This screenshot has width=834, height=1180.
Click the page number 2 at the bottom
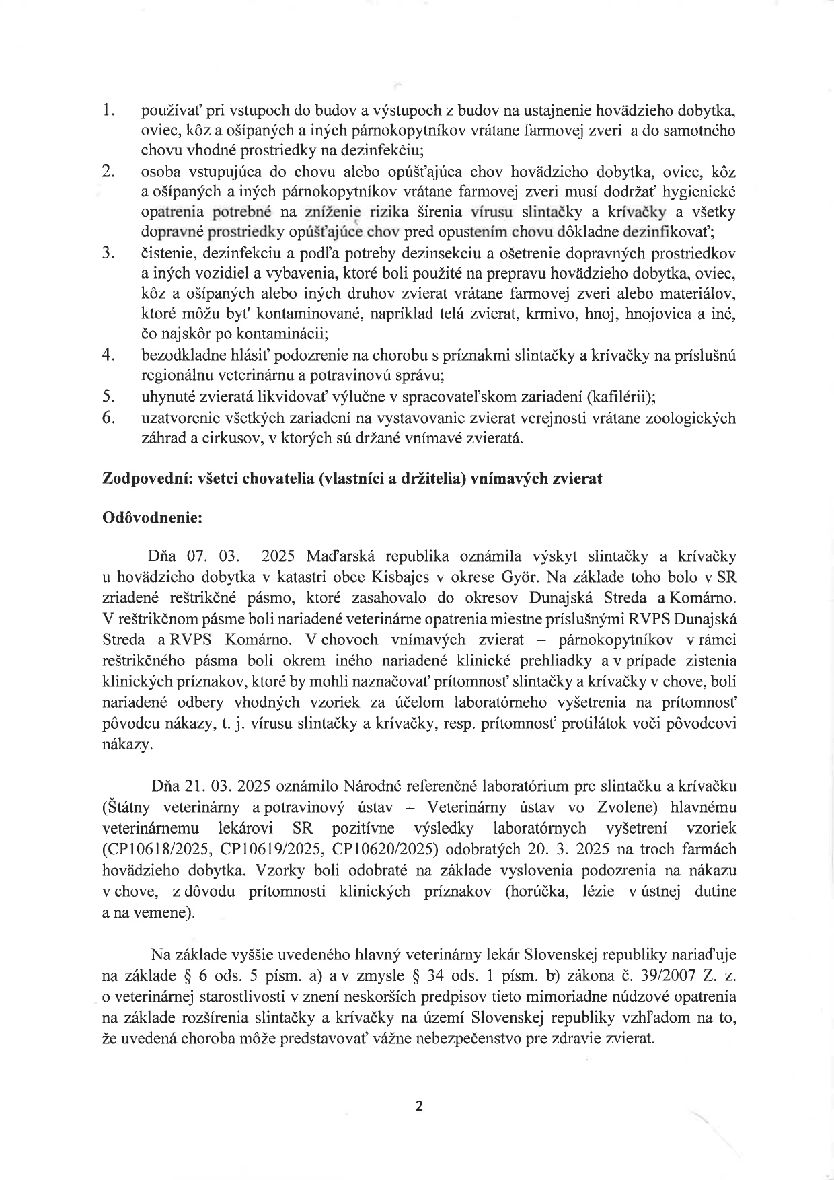[x=419, y=1106]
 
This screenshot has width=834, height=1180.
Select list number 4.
[x=106, y=355]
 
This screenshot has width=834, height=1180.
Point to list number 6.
[x=106, y=417]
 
